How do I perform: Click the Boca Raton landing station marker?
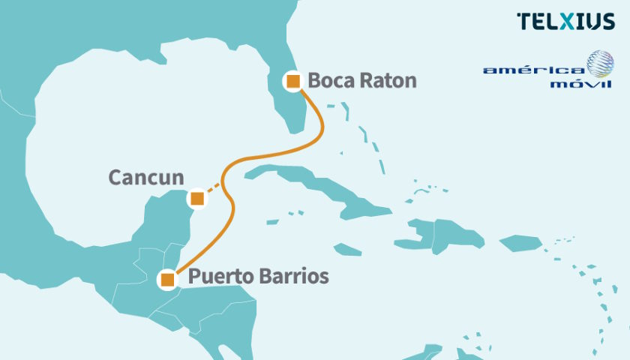coord(292,81)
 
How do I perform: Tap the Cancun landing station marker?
coord(196,199)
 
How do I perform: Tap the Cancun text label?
coord(146,178)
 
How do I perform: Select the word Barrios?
coord(293,276)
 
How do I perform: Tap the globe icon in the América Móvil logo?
coord(600,64)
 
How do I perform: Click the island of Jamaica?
coord(346,249)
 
